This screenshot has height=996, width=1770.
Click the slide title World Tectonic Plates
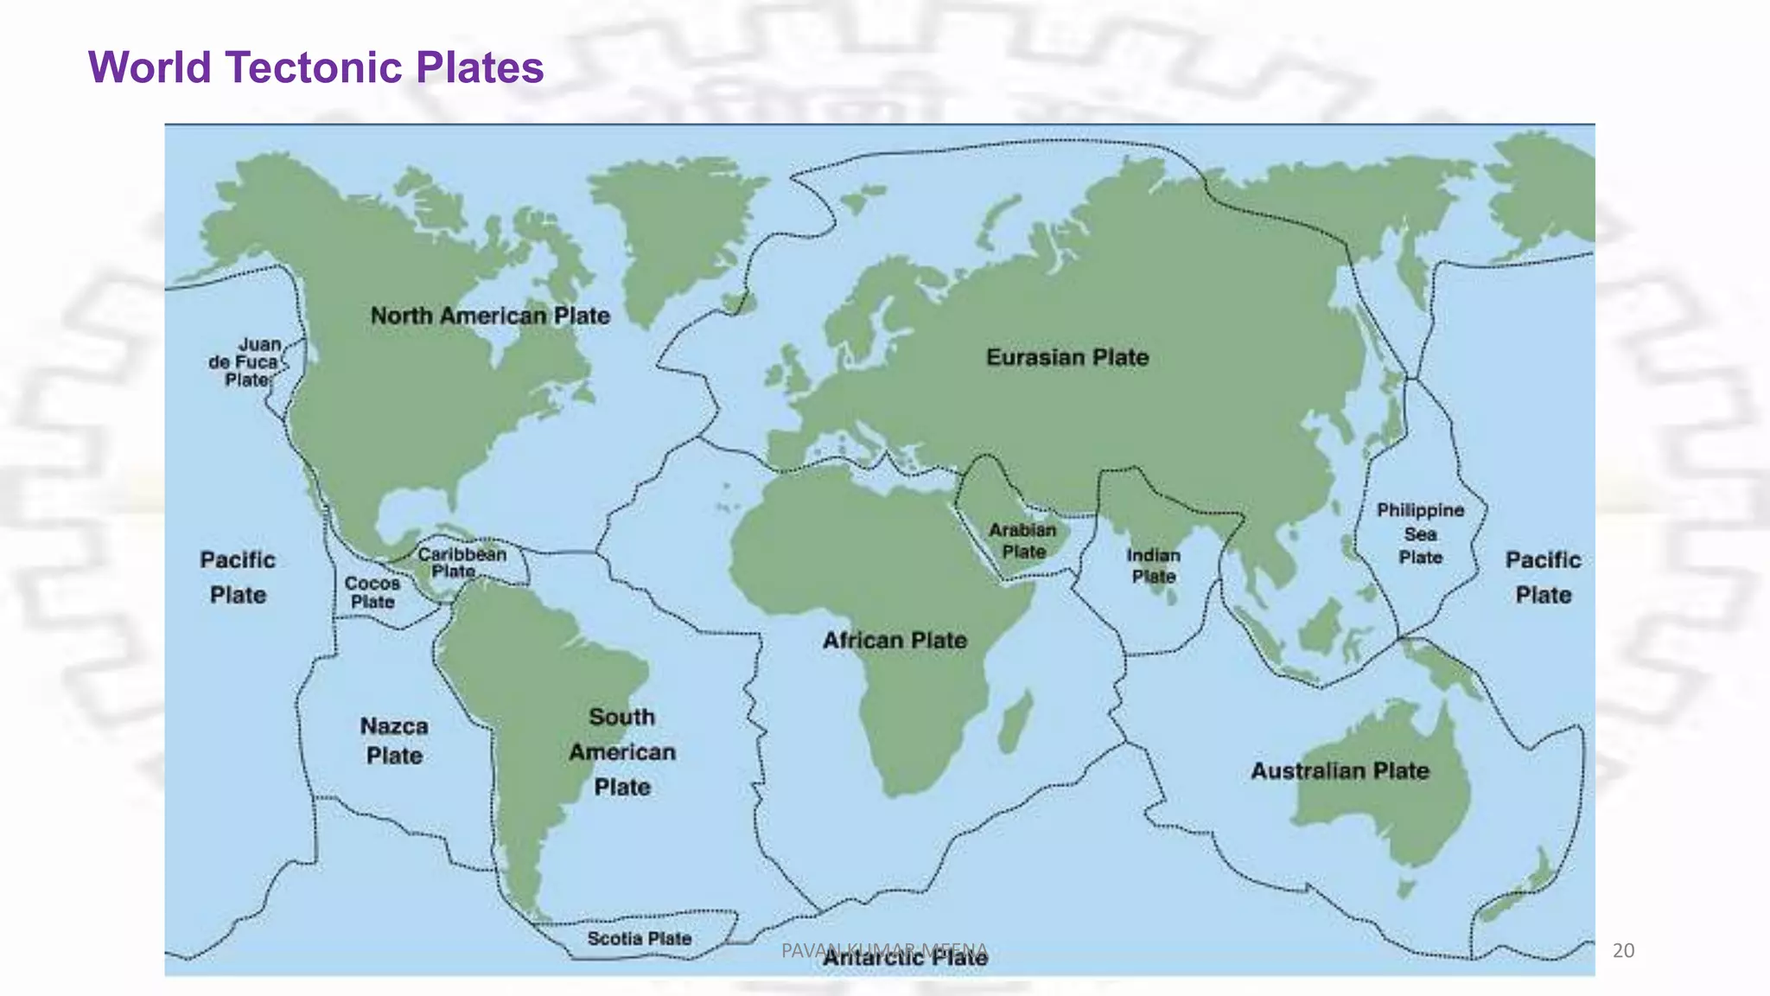coord(315,67)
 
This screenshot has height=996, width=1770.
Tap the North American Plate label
coord(490,316)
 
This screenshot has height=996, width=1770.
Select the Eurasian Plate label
coord(1067,357)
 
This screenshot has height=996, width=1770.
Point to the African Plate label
coord(895,641)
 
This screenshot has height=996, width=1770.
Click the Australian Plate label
coord(1340,770)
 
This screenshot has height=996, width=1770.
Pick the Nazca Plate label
coord(394,741)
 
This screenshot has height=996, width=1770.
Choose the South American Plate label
coord(622,751)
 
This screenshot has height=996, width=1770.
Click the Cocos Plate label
coord(372,592)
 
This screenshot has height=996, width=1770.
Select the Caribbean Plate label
coord(462,562)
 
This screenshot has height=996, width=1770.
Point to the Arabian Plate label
coord(1023,540)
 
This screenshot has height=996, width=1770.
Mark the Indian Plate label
coord(1153,565)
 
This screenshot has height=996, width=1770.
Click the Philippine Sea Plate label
coord(1420,533)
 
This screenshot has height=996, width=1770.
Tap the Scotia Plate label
coord(640,938)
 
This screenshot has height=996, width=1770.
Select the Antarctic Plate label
coord(905,958)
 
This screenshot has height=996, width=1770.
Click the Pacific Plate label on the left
coord(238,577)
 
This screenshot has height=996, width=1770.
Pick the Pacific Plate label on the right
coord(1543,577)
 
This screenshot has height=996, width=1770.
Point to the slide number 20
coord(1624,951)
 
